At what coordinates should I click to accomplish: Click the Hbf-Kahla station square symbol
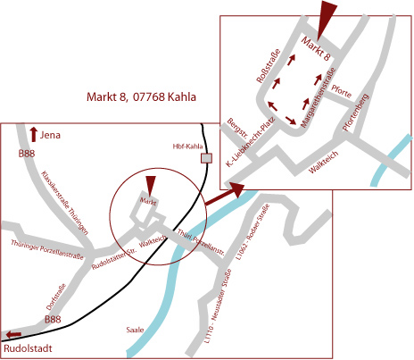click(x=206, y=158)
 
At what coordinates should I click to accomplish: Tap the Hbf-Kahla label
click(x=187, y=147)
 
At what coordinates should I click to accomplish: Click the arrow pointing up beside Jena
click(x=34, y=134)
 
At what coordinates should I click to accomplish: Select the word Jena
click(x=50, y=135)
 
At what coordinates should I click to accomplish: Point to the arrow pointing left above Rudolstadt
click(x=13, y=334)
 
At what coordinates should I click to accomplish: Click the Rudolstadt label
click(x=28, y=348)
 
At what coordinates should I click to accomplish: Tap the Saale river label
click(x=135, y=330)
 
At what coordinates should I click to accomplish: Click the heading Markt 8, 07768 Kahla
click(x=141, y=96)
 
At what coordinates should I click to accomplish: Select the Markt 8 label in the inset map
click(x=316, y=49)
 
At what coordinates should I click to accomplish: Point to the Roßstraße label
click(x=269, y=66)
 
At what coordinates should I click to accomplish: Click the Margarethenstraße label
click(x=318, y=98)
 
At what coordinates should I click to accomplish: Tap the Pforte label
click(x=342, y=91)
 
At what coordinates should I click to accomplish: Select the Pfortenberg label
click(x=355, y=113)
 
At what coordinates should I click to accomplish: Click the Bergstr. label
click(x=237, y=129)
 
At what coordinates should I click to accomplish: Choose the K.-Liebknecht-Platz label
click(x=250, y=142)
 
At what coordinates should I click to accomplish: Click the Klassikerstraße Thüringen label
click(x=65, y=203)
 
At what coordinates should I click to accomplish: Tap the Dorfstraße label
click(x=56, y=297)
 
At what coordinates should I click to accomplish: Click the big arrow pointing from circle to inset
click(x=225, y=194)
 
